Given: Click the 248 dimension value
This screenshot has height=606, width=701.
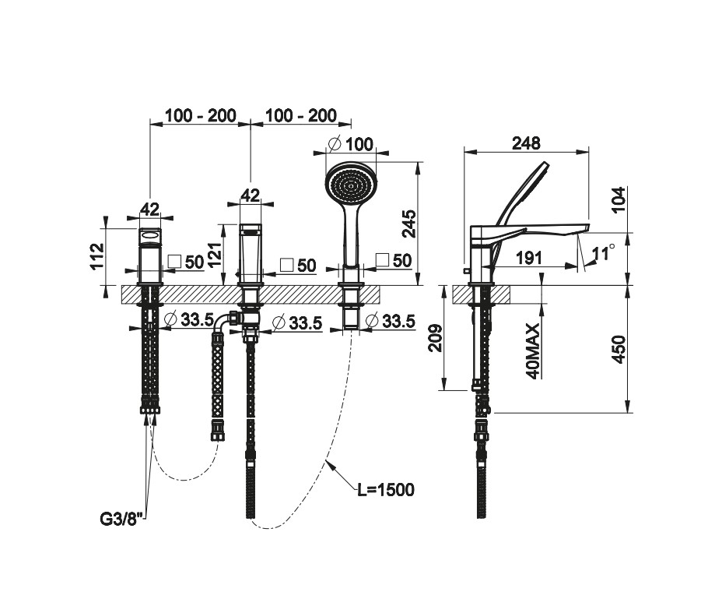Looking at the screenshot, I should point(526,143).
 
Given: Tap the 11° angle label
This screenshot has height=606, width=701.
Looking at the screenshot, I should point(603,252).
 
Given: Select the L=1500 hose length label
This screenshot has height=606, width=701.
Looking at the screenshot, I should point(385,490).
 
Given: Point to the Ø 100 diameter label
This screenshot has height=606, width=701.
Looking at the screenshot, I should point(351,144).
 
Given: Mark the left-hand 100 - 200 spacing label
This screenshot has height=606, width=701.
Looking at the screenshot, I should point(200,116).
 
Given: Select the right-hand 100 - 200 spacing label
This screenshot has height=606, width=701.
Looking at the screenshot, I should point(300,116).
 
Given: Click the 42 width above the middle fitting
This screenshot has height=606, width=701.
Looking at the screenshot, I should point(250,195).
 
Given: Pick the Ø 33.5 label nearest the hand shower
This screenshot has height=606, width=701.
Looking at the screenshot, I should point(389,320).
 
